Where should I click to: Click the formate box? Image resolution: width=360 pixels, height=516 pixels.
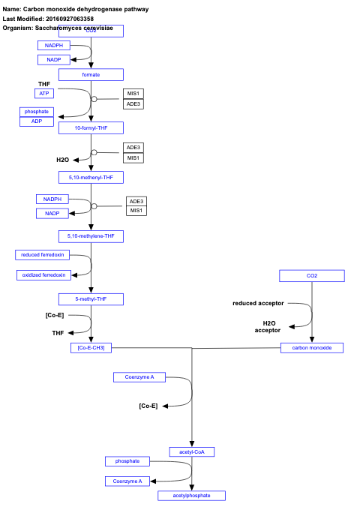91,75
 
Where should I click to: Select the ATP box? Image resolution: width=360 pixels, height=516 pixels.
44,93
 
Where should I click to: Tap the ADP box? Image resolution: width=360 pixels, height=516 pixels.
36,121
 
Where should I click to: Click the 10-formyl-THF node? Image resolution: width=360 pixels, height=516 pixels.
91,128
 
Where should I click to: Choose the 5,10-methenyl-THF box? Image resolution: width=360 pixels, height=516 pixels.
91,178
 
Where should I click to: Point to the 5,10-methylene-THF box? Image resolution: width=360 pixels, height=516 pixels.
91,236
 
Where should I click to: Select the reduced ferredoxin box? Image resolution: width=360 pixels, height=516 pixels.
42,255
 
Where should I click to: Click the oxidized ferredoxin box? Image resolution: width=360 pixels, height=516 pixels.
43,275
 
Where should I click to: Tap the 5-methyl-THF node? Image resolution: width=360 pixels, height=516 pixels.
91,299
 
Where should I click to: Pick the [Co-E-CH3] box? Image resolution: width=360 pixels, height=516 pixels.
91,348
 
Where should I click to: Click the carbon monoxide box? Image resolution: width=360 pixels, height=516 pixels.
312,348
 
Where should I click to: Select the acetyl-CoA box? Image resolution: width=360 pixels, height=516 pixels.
192,451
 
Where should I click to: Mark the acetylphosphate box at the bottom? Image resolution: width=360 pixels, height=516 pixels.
192,496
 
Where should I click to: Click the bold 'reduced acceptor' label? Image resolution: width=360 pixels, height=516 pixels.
258,303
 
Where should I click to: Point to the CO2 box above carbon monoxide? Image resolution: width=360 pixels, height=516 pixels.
312,276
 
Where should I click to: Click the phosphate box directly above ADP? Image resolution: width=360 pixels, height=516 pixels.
36,112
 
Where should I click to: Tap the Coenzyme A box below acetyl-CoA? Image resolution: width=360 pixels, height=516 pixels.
127,481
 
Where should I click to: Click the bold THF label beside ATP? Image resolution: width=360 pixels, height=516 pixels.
44,83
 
